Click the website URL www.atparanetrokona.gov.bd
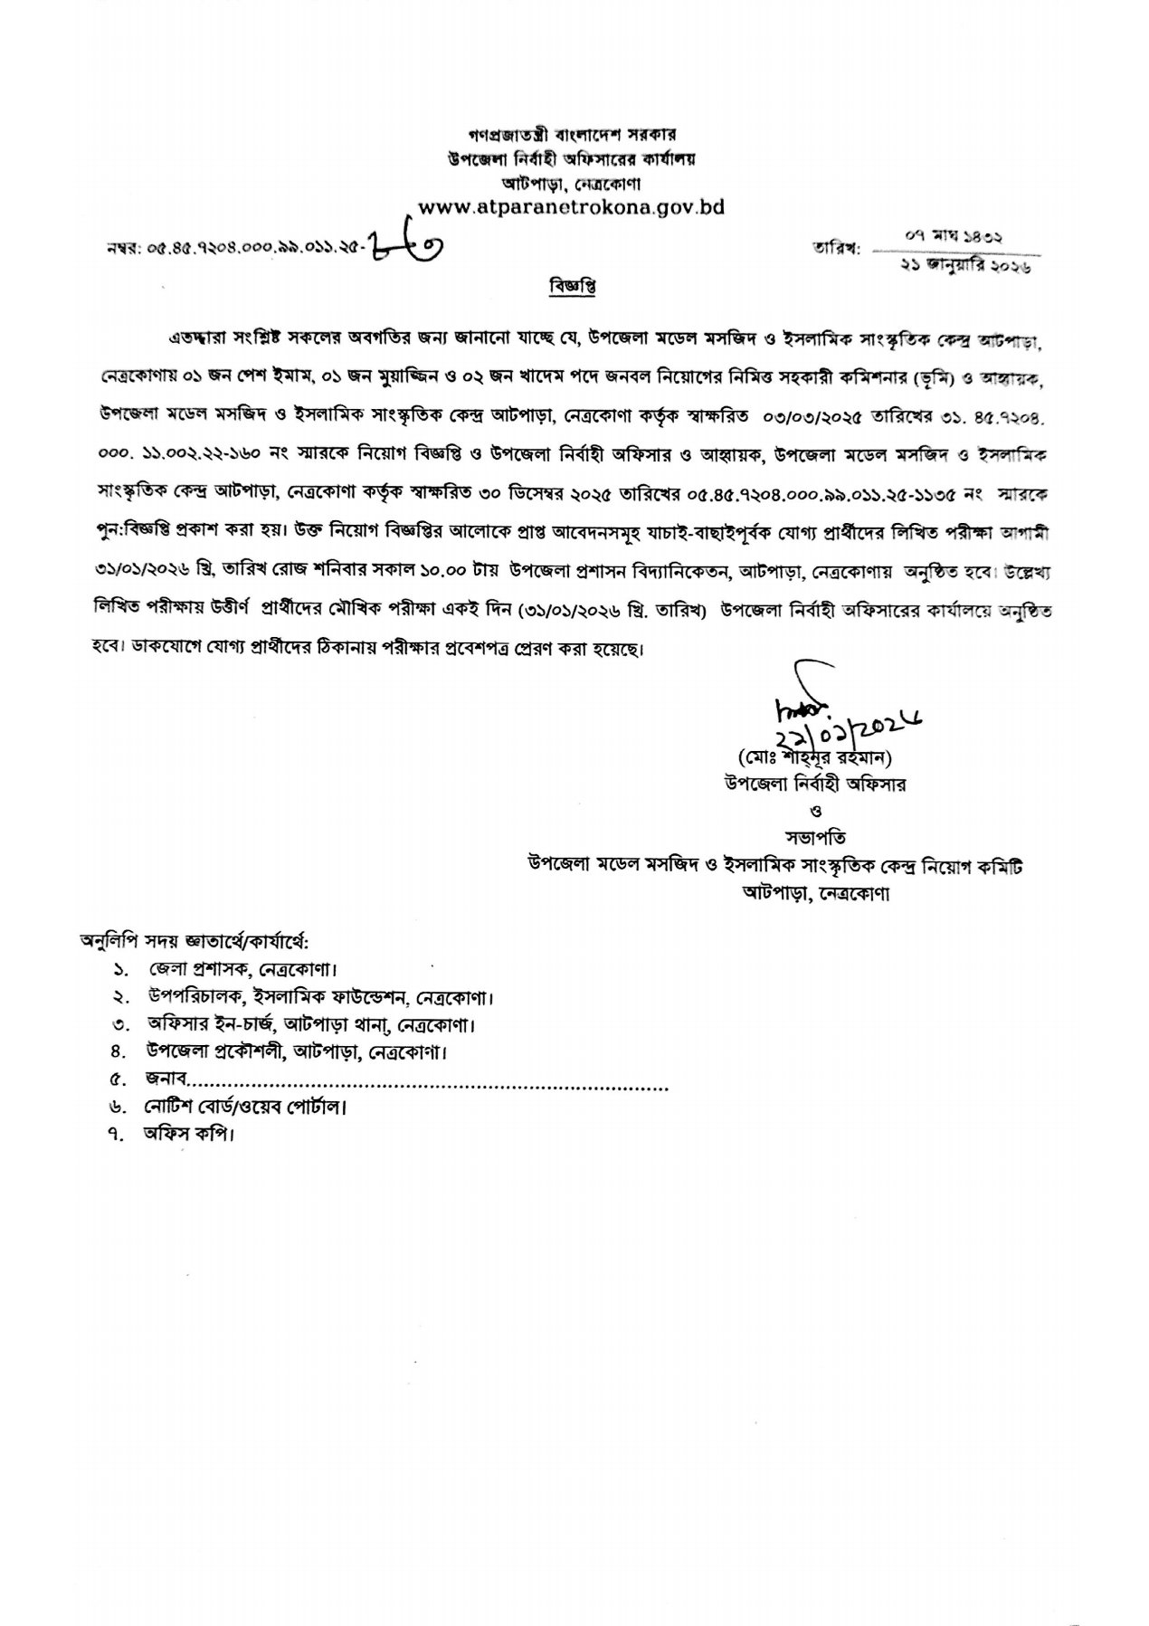point(573,207)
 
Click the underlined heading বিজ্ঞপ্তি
point(573,287)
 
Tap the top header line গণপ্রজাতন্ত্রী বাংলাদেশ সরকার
point(574,134)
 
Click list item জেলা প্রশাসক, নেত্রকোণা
point(245,970)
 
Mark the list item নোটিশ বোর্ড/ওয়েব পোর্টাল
point(244,1107)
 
